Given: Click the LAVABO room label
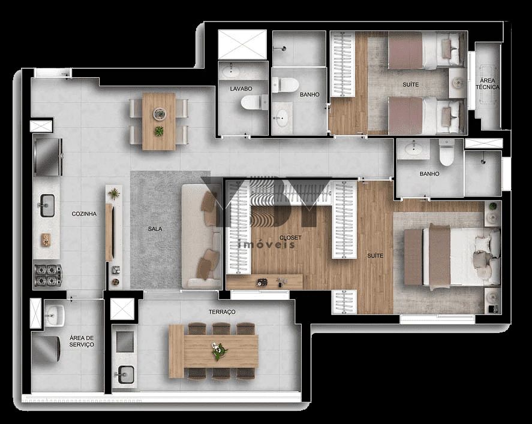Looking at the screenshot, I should point(241,89).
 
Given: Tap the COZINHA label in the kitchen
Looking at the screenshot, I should point(85,214).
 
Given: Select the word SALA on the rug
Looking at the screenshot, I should point(155,229).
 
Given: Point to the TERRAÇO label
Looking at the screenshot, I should point(222,312).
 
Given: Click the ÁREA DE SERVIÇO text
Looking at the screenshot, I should point(82,341).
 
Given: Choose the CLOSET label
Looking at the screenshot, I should point(290,238).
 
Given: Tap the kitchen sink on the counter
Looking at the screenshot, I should point(47,205).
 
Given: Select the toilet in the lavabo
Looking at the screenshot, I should point(254,103).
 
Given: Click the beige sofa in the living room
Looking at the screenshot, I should point(202,237).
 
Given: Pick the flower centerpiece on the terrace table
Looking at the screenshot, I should point(219,351).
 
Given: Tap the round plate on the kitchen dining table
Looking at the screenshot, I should point(159,113).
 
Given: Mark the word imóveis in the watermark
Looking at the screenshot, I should point(267,245).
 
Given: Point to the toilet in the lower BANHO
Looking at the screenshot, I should point(446,153).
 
